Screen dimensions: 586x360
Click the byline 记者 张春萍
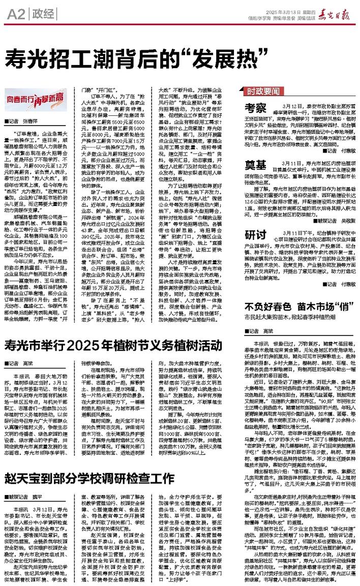click(x=28, y=122)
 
